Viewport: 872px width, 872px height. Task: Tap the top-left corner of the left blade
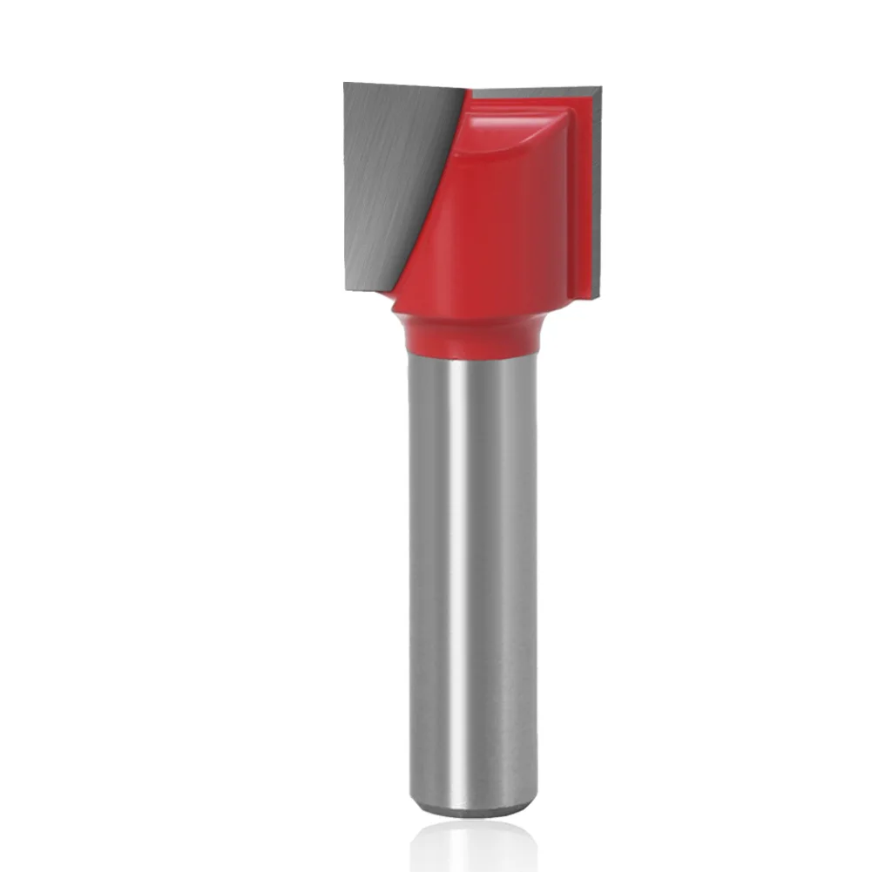coord(345,84)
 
